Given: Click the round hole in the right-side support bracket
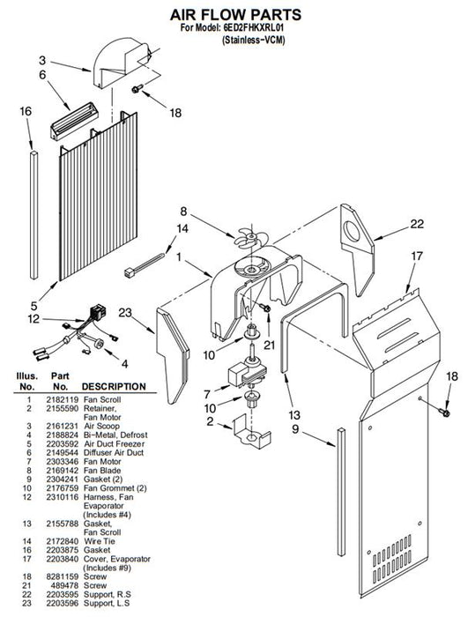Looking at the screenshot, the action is (352, 232).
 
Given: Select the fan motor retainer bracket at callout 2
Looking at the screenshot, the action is (252, 434).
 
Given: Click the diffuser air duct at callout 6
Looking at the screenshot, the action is (75, 121).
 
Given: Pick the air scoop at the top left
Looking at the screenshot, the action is (122, 63).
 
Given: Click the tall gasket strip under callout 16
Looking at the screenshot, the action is (34, 215).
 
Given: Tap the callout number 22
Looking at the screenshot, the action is (417, 224).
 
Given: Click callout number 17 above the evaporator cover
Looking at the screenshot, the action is (416, 256).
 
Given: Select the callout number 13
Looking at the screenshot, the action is (293, 415).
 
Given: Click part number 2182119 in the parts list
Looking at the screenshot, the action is (63, 399).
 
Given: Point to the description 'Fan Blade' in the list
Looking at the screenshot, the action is (102, 470).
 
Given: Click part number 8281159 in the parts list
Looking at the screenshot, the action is (63, 576).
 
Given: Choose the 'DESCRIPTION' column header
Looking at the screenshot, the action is (114, 387).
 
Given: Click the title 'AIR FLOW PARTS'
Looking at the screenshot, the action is (235, 15).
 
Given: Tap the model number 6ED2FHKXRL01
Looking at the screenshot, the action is (254, 28).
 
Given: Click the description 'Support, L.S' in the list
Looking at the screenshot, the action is (107, 603).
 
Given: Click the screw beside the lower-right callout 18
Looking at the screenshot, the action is (445, 412).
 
